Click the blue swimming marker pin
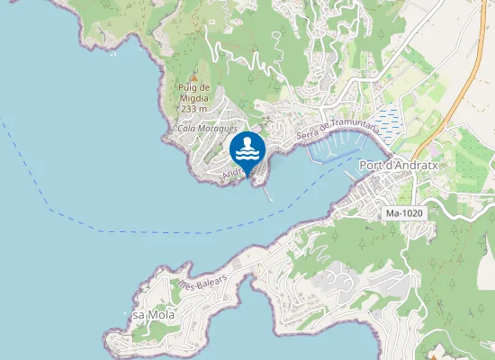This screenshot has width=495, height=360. pyautogui.click(x=247, y=149)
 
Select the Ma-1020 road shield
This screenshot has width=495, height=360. pyautogui.click(x=404, y=213)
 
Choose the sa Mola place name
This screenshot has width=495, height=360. pyautogui.click(x=153, y=315)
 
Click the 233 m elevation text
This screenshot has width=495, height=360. pyautogui.click(x=193, y=109)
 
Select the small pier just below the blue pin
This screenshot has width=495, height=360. pyautogui.click(x=266, y=190)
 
